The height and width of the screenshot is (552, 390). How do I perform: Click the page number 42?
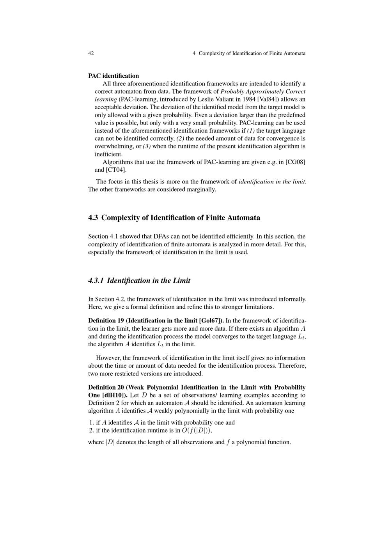coord(91,53)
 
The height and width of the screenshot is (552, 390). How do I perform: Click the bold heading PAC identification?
coord(113,76)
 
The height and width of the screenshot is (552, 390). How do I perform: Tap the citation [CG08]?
coord(296,162)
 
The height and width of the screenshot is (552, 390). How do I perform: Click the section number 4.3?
coord(93,218)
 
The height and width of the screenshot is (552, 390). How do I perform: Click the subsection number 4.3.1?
coord(96,281)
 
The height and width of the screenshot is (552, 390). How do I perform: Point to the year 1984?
coord(249,99)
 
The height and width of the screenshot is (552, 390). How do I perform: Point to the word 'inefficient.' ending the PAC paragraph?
coord(109,154)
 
